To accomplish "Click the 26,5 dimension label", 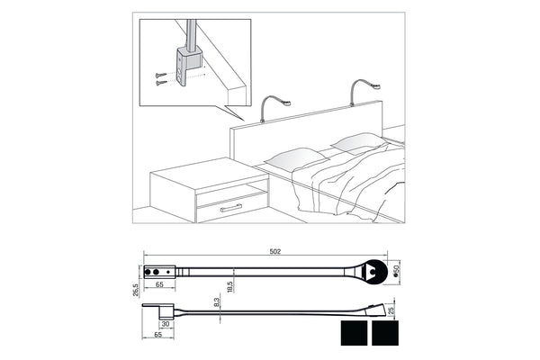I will coord(135,285).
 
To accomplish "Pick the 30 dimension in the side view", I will coord(166,324).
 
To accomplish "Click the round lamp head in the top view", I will coord(374,272).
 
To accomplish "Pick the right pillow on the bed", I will coord(356,142).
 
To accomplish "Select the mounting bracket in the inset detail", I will coord(186,67).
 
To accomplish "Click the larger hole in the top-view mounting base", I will coord(164,270).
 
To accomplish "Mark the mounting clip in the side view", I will coord(161,310).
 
